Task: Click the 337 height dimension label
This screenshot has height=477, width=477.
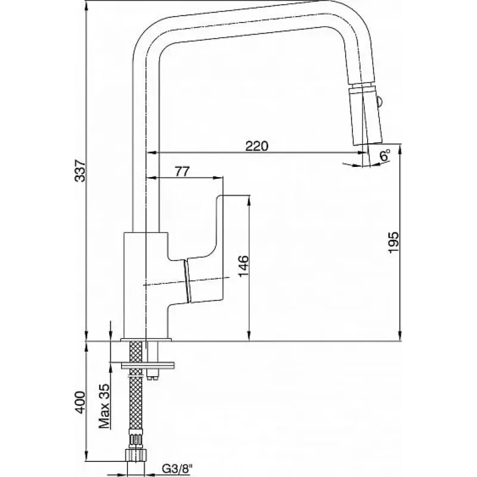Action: (x=80, y=170)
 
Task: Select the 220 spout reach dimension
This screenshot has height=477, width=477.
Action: (x=257, y=146)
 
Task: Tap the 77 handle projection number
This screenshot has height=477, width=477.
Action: (x=182, y=172)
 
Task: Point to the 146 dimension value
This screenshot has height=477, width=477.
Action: (x=243, y=266)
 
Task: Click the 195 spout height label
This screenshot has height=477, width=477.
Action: (x=393, y=242)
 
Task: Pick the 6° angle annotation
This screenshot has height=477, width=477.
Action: (x=385, y=156)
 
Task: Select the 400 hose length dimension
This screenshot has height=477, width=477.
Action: (x=80, y=402)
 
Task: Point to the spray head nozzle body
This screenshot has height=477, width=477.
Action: (x=366, y=116)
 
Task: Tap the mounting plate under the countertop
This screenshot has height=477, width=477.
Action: (x=147, y=365)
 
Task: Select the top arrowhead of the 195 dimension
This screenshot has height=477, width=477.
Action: (x=400, y=150)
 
